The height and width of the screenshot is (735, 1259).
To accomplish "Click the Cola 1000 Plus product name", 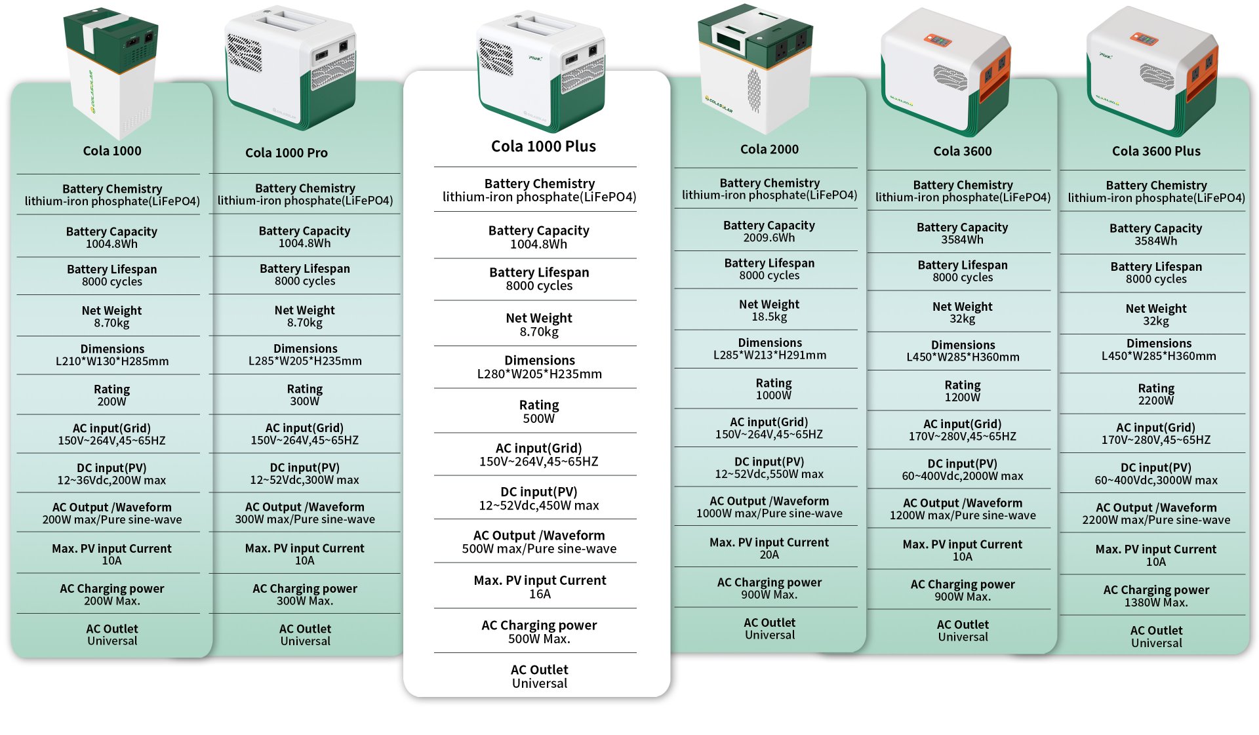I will coord(544,146).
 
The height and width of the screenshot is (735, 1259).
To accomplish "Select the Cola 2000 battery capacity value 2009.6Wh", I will coord(769,237).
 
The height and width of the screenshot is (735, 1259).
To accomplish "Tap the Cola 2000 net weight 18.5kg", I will coord(769,317).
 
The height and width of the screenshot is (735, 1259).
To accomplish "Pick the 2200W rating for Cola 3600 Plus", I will coord(1156,401).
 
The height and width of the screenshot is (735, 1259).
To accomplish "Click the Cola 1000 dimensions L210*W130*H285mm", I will coord(112,361).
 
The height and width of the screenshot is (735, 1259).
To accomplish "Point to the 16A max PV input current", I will coord(540,594).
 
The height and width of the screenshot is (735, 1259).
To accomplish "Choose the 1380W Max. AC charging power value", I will coord(1156,603).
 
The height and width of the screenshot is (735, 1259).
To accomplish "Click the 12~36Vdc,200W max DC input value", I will coord(111,480).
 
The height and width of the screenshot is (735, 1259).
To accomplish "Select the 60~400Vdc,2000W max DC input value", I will coord(963,476).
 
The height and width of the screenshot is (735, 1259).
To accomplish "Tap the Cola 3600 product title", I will coord(963,151).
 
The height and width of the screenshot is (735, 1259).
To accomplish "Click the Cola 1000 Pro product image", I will coord(290,66).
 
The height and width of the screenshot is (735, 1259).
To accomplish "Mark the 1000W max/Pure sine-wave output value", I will coord(769,513).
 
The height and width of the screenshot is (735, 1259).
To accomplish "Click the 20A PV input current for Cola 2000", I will coord(769,555).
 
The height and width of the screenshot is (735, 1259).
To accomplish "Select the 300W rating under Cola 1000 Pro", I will coord(305,401).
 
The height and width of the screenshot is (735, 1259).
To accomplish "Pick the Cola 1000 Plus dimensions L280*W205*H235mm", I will coord(540,374).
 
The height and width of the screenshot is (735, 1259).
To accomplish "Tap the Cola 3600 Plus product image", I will coord(1152,66).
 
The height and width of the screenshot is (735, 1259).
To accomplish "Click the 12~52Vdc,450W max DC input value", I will coord(539,506).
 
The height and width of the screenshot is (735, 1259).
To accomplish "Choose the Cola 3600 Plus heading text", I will coord(1156,151).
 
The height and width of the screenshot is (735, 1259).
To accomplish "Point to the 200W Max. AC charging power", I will coord(112,601).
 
